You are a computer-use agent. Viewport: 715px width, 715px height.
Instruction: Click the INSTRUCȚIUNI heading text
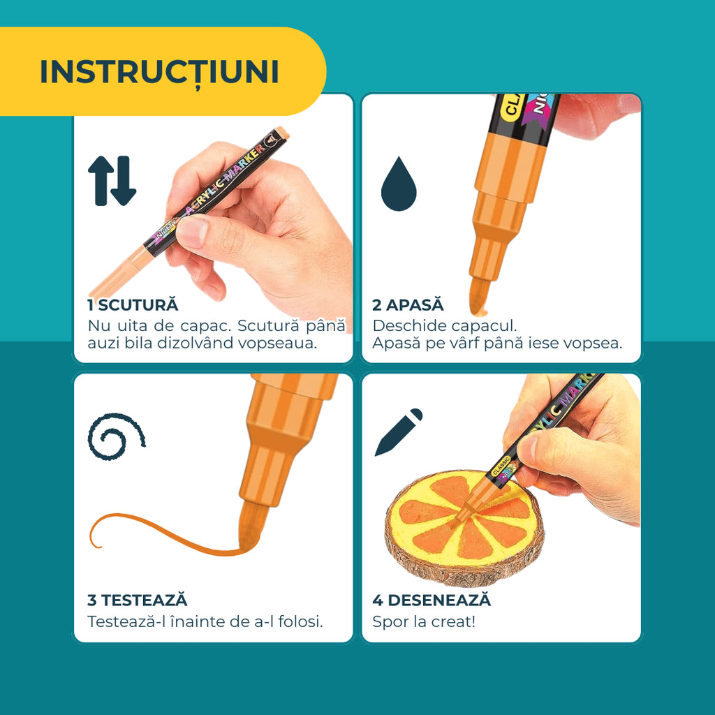click(x=159, y=72)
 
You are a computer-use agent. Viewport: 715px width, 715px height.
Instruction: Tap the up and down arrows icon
click(x=112, y=181)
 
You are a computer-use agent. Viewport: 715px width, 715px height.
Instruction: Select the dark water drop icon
click(x=399, y=184)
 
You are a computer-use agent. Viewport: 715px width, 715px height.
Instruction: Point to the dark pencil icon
click(x=399, y=432)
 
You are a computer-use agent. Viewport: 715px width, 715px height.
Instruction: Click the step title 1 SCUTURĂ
click(x=133, y=305)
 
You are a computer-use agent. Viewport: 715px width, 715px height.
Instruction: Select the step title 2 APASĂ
click(x=408, y=305)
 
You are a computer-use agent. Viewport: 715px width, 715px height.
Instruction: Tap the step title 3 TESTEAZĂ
click(x=138, y=600)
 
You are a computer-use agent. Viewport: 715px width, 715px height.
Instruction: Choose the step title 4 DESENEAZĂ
click(x=432, y=600)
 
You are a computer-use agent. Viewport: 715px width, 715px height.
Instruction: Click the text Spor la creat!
click(x=424, y=621)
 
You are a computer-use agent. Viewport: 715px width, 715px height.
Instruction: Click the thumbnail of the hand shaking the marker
click(x=214, y=228)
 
